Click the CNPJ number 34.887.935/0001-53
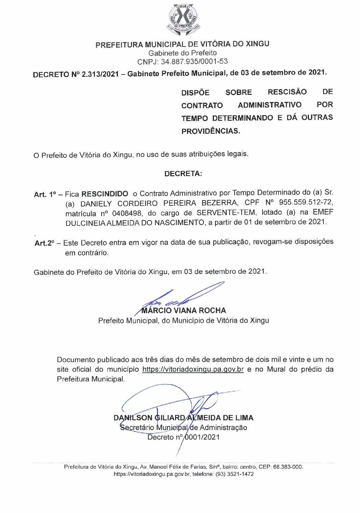(x=194, y=62)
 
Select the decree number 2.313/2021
(x=100, y=74)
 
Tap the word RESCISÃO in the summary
(x=287, y=92)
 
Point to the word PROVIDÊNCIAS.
(x=210, y=131)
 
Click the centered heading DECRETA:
(x=183, y=174)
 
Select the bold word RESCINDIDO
(x=105, y=194)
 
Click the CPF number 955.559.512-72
(x=306, y=203)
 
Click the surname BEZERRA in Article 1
(x=219, y=203)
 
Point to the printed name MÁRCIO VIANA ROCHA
(x=184, y=310)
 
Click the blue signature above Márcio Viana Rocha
(x=182, y=296)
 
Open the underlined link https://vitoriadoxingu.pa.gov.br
(x=193, y=369)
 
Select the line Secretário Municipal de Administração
(x=184, y=427)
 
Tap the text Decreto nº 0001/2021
(x=184, y=437)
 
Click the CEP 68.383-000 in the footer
(x=288, y=467)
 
